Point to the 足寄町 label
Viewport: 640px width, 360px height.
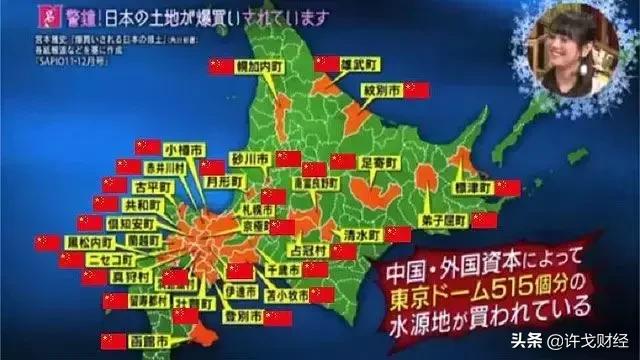[380, 160]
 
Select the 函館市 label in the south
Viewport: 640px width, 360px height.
[148, 341]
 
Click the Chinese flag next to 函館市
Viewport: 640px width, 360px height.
[111, 341]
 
